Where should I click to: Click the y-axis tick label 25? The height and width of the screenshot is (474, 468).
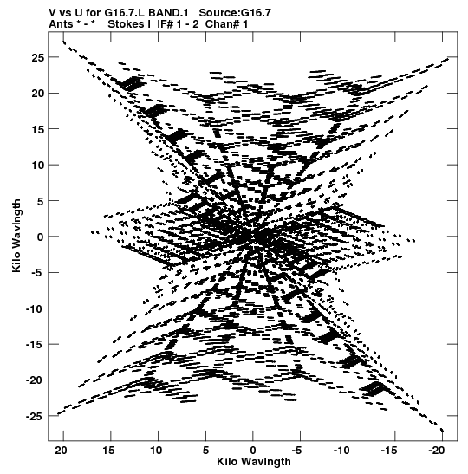coord(37,57)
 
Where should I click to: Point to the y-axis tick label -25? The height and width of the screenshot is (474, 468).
coord(35,416)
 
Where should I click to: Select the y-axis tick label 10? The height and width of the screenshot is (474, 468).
coord(37,165)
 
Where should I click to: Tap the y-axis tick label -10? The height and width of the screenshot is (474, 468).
coord(35,308)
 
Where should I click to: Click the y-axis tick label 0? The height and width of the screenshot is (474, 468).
coord(41,237)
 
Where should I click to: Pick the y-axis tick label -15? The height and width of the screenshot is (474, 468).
coord(35,345)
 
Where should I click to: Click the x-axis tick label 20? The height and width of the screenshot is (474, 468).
coord(62,451)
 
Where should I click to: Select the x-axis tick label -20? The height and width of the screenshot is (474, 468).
coord(437,451)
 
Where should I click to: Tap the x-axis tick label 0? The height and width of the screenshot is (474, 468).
coord(253,451)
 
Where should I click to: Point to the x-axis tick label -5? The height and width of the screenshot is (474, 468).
coord(297,451)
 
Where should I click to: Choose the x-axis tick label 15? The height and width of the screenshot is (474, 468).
coord(109,451)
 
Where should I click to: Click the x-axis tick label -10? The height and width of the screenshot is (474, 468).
coord(342,451)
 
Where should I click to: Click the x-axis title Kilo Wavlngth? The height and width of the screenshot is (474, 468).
coord(254,462)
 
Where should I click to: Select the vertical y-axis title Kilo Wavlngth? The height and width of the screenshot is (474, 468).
coord(16,236)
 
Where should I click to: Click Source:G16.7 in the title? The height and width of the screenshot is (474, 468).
coord(235,13)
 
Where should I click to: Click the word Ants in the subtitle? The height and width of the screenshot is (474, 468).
coord(61,24)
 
